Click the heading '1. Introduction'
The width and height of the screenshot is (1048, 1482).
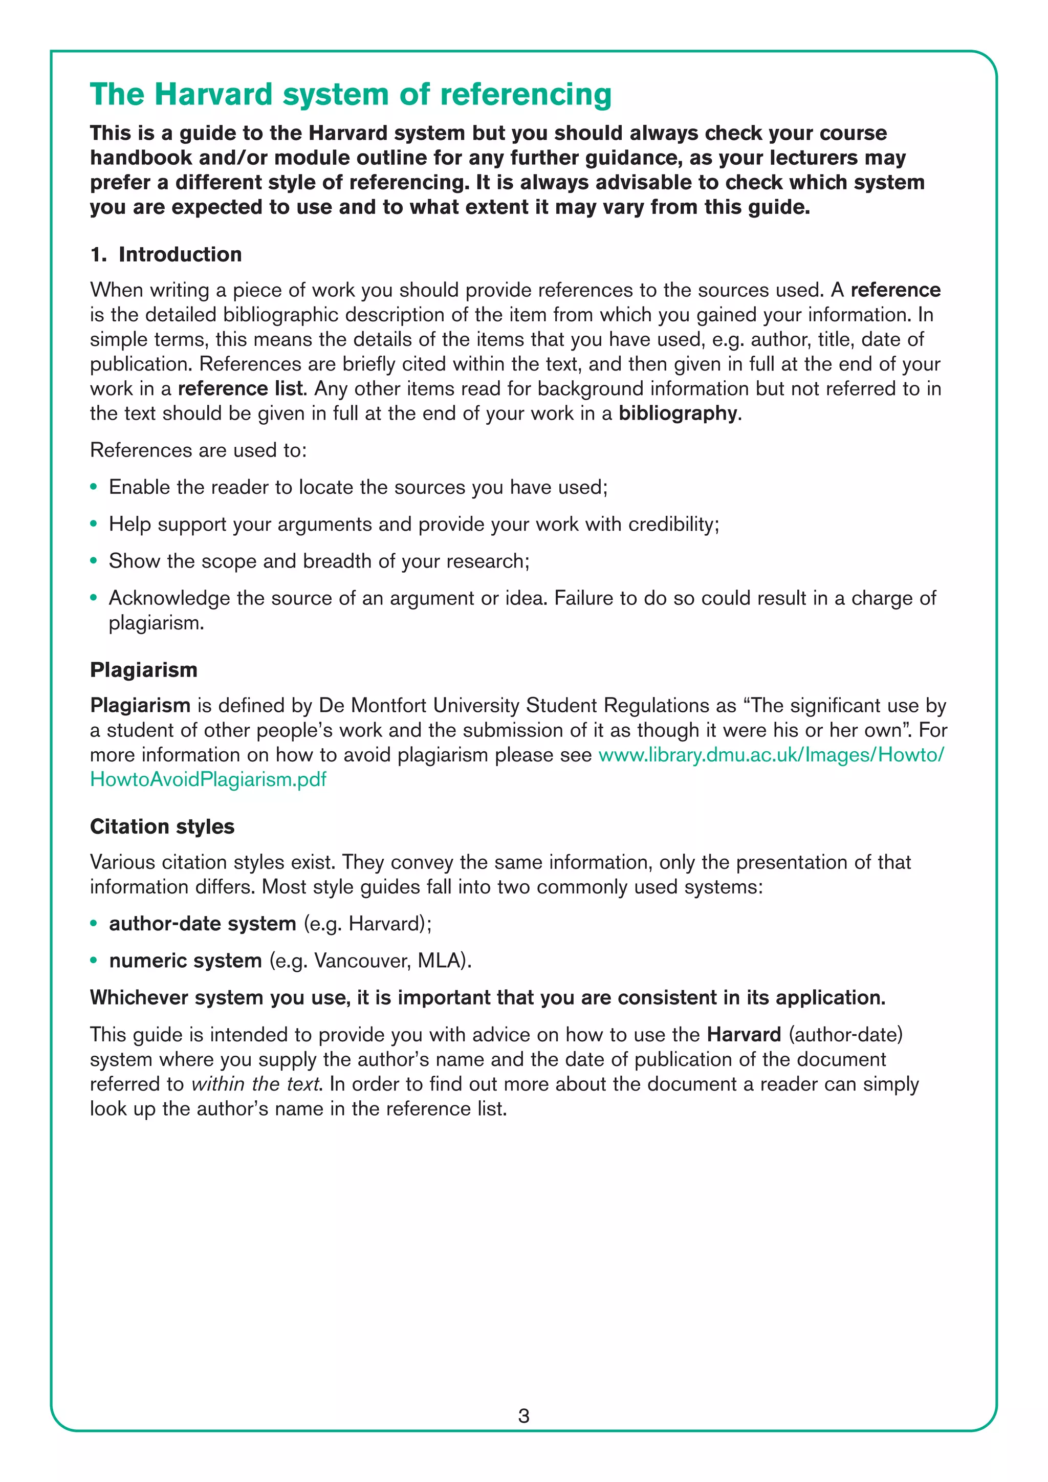click(166, 254)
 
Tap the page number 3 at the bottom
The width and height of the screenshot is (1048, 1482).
click(523, 1415)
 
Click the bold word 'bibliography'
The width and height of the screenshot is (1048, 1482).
click(678, 413)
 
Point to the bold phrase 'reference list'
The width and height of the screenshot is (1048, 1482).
click(240, 388)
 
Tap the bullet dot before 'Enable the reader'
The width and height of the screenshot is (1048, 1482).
click(94, 487)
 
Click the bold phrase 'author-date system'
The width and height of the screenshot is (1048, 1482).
click(202, 924)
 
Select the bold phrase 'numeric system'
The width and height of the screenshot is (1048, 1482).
click(185, 961)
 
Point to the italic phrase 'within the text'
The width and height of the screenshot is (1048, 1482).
click(255, 1084)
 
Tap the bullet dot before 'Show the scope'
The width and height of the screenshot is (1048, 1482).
click(94, 561)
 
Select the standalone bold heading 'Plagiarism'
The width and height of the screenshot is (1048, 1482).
click(143, 669)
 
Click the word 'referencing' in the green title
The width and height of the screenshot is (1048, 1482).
click(526, 94)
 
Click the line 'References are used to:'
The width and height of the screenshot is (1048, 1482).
click(198, 450)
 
